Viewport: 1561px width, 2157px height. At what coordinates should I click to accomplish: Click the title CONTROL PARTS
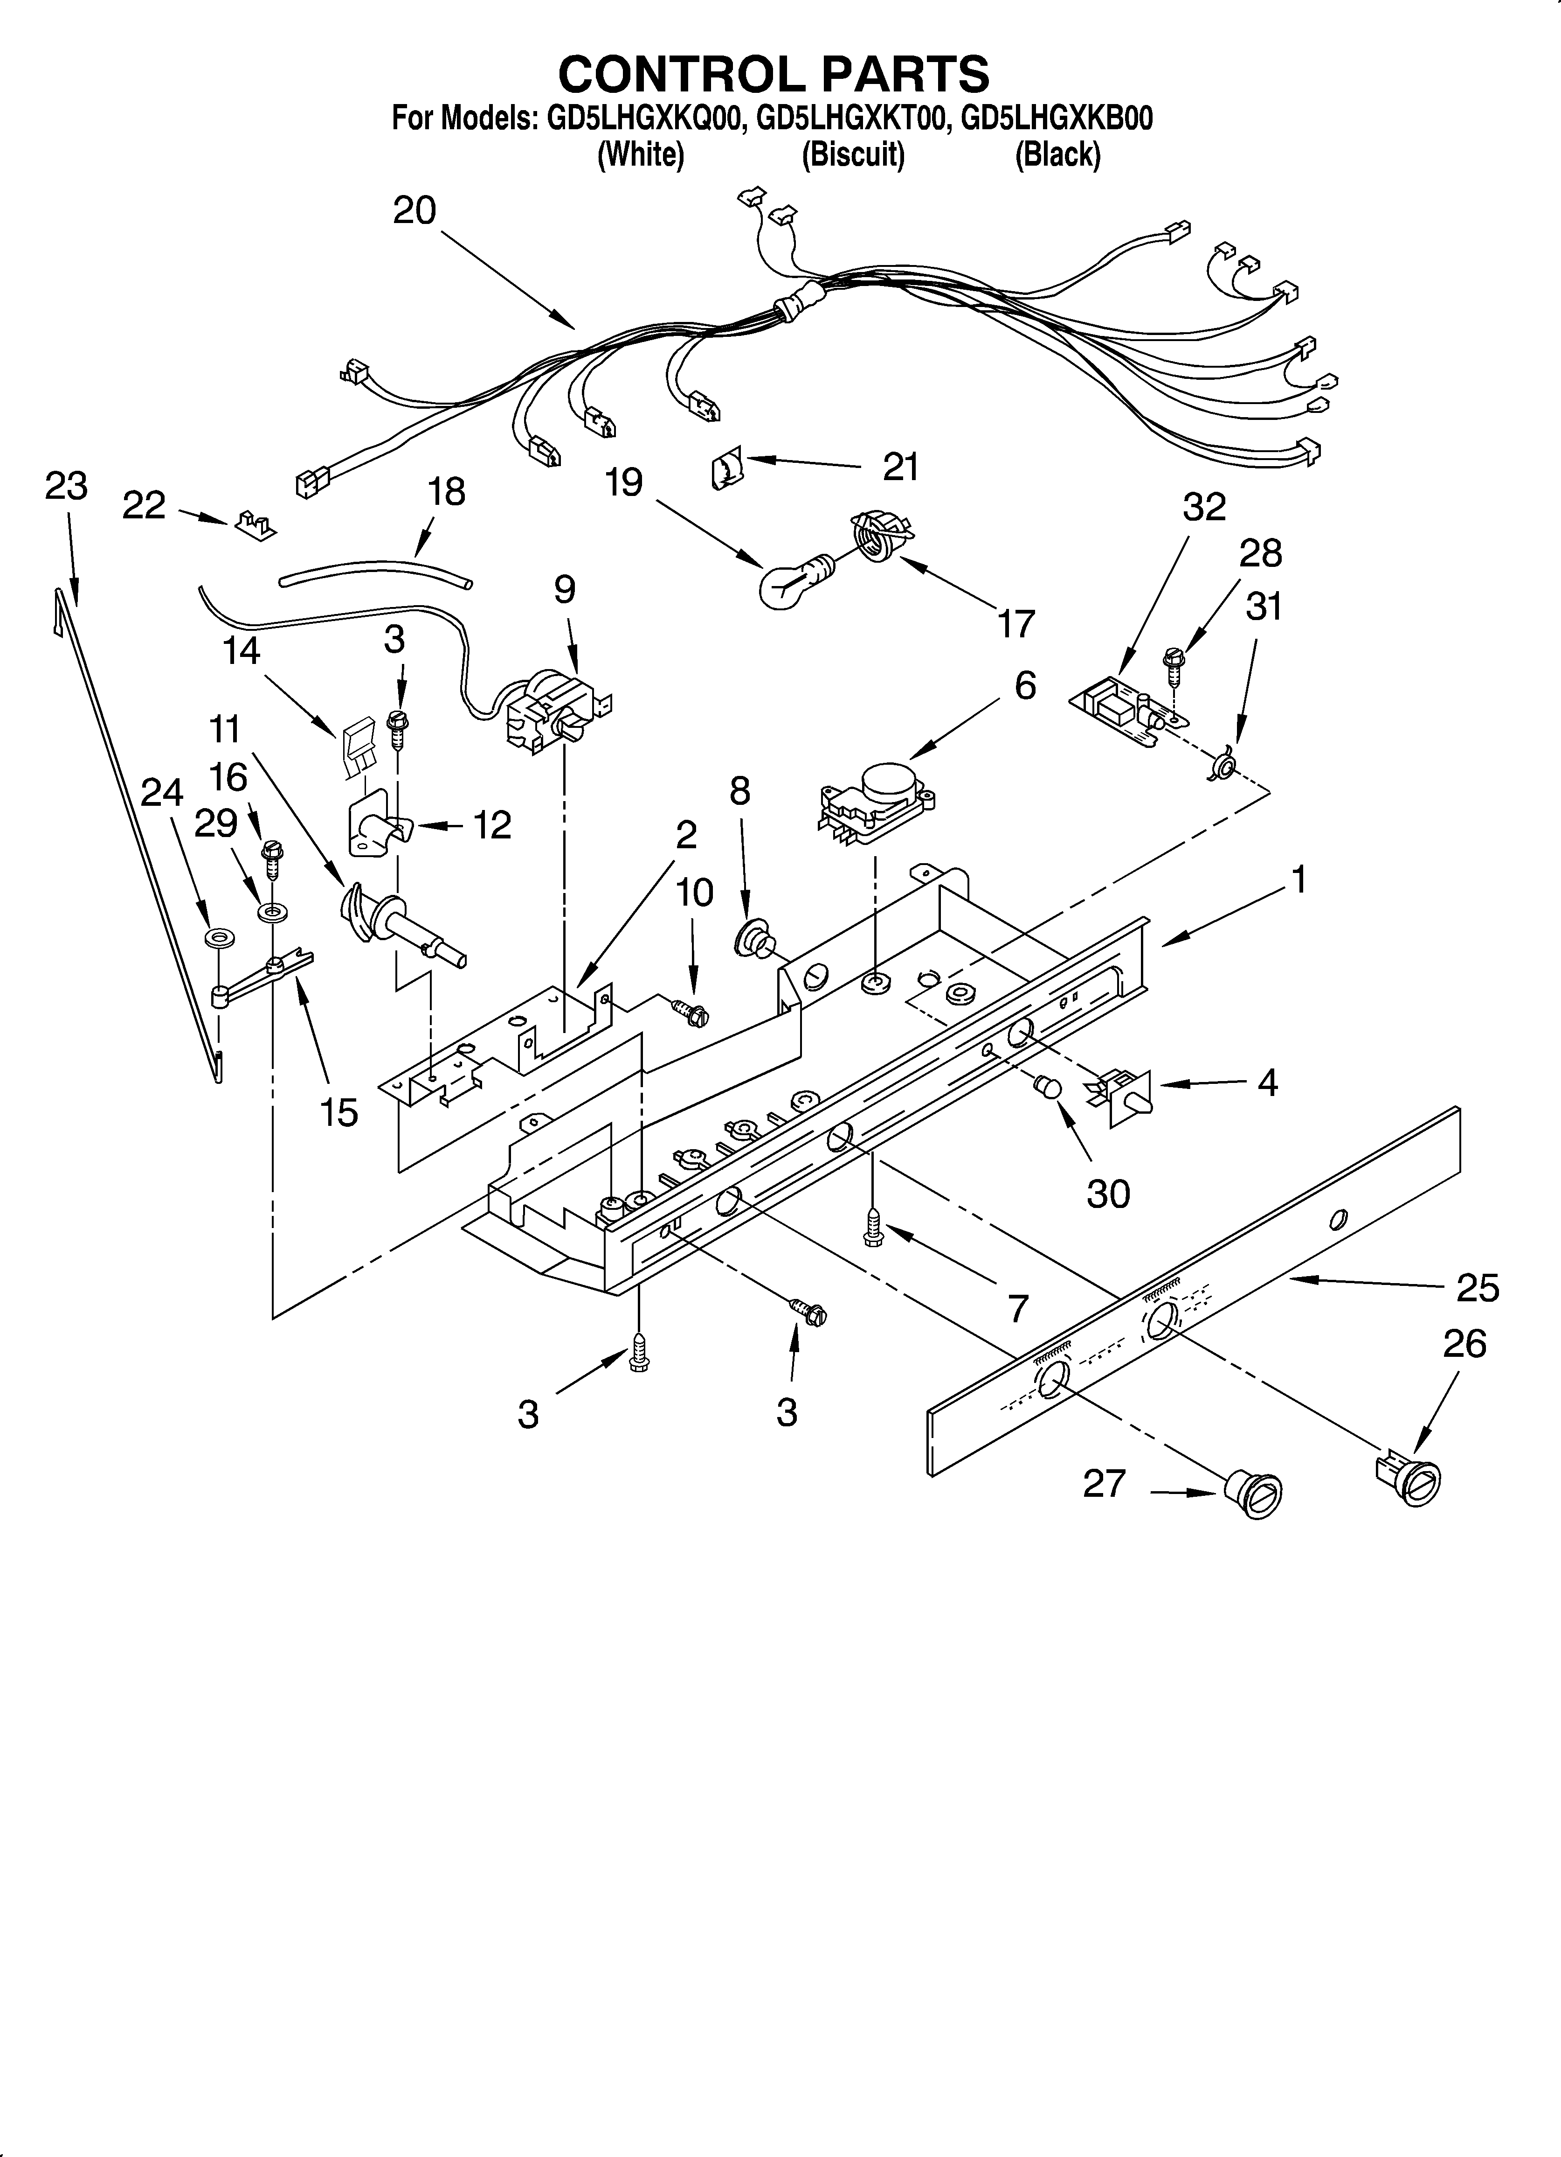(773, 73)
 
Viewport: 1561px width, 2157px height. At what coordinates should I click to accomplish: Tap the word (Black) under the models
(1057, 154)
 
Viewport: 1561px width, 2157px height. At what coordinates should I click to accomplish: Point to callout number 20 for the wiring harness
(414, 210)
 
